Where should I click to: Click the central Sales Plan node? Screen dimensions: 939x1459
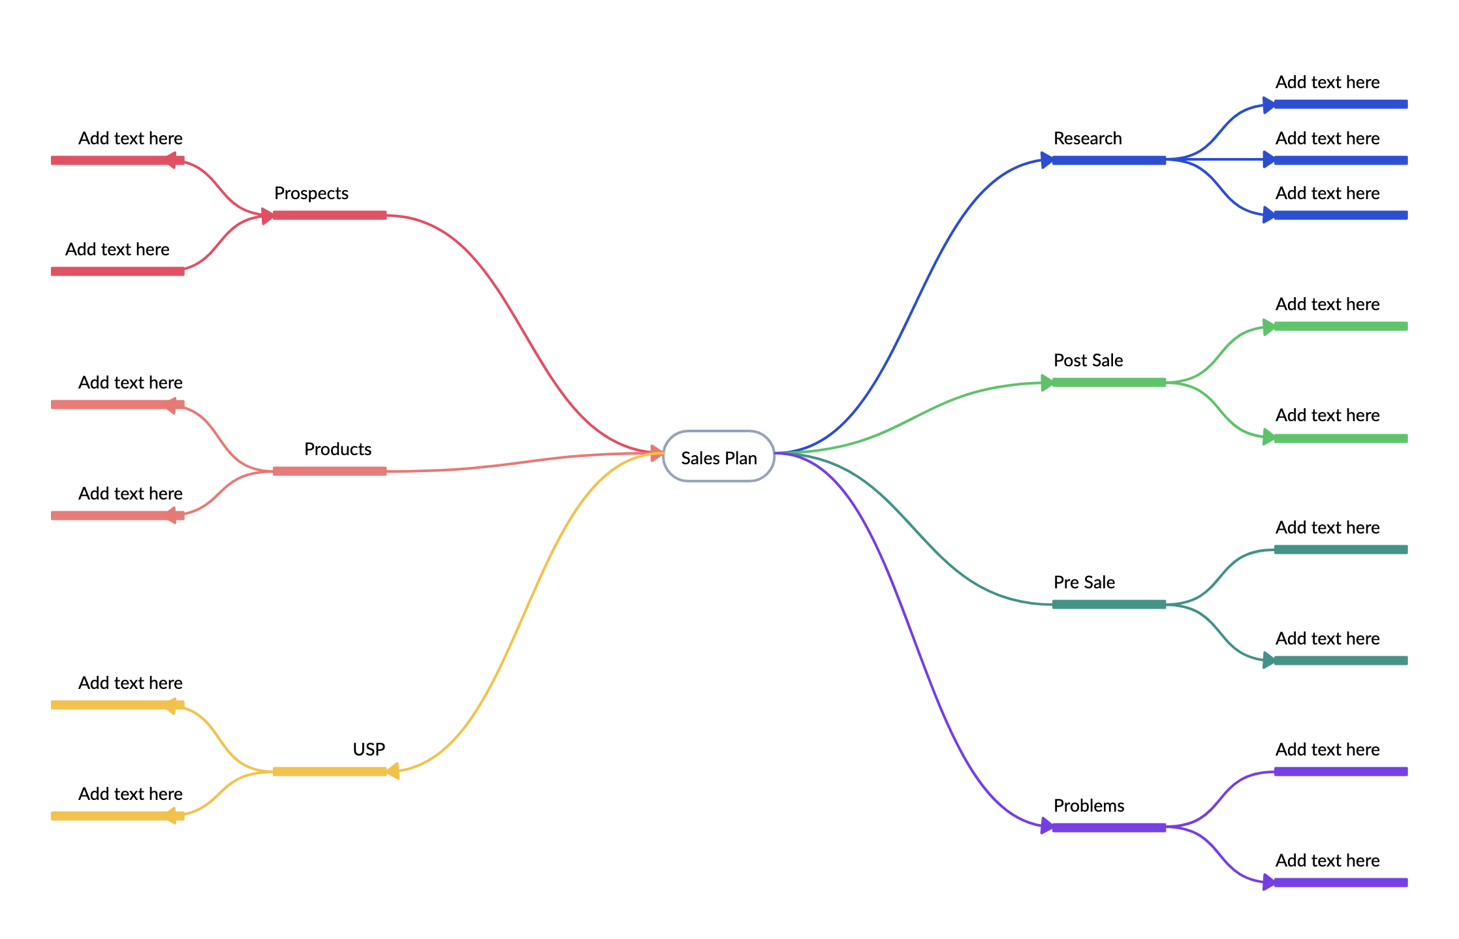click(719, 456)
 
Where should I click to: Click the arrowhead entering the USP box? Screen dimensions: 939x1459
click(393, 771)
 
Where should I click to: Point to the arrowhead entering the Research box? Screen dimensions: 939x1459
click(1046, 160)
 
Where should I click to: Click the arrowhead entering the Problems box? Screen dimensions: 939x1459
click(1046, 827)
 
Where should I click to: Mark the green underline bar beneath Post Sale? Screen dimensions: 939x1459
click(1108, 382)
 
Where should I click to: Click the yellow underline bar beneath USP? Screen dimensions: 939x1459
click(330, 771)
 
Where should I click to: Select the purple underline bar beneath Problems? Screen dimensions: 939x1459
click(1108, 827)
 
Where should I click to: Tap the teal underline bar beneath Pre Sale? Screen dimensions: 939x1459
click(1108, 604)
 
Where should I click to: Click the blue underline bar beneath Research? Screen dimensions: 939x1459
click(1108, 160)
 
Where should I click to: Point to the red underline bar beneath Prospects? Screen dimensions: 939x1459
click(330, 215)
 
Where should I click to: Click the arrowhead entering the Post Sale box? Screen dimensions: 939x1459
click(1046, 383)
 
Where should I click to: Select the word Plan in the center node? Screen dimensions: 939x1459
click(739, 458)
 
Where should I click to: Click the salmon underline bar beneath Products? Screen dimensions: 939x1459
click(330, 471)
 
